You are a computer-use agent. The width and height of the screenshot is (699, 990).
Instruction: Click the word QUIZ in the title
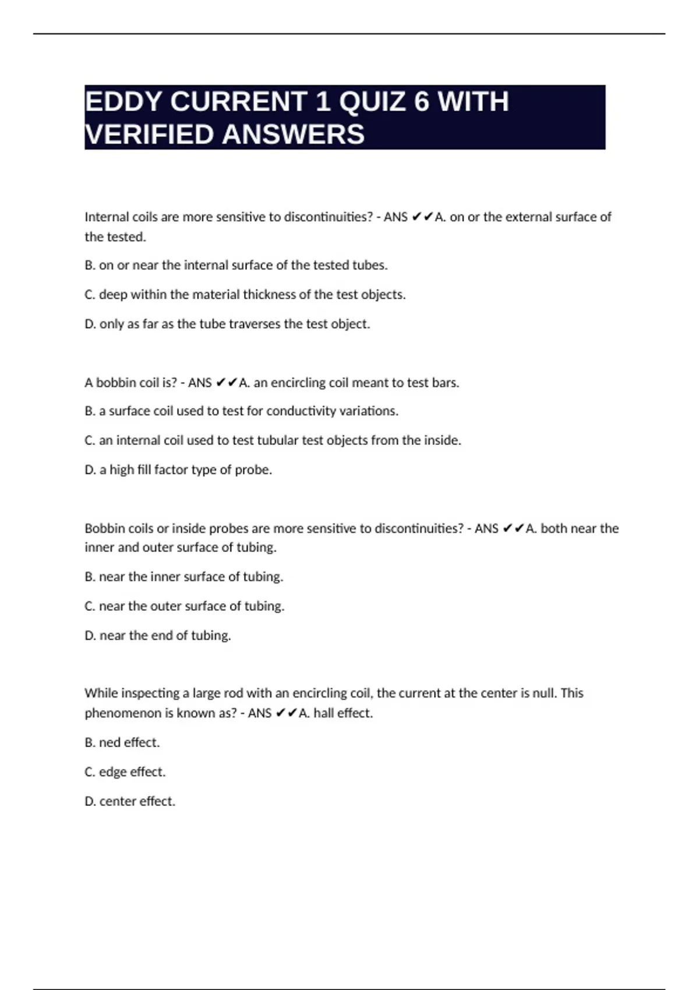point(372,102)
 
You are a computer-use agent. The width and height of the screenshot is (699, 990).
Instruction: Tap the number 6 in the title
point(421,102)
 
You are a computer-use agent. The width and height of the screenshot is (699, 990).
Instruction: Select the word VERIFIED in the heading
point(149,135)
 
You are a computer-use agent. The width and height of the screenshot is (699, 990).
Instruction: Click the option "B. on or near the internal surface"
point(236,266)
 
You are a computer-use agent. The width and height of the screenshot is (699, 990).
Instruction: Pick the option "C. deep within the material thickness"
point(245,295)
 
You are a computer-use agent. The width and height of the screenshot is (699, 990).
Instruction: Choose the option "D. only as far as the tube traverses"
point(227,324)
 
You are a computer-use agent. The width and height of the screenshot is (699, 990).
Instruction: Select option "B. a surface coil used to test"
point(241,411)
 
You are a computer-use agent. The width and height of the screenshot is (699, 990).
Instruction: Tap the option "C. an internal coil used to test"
point(273,440)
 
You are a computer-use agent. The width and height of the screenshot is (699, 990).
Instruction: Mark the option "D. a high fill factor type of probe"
point(178,469)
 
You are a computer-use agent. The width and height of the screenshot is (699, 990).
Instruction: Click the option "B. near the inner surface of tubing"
point(183,577)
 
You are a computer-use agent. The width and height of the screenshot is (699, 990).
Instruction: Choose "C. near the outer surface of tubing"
point(184,606)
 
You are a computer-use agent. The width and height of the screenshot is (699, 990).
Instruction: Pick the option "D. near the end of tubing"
point(158,635)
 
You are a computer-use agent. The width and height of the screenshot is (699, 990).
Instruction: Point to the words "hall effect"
point(343,713)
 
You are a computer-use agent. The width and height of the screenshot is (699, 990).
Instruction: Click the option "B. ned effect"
point(122,742)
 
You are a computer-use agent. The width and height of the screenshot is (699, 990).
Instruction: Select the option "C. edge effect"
point(125,772)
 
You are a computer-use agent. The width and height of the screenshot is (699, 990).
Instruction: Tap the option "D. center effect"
point(130,801)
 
